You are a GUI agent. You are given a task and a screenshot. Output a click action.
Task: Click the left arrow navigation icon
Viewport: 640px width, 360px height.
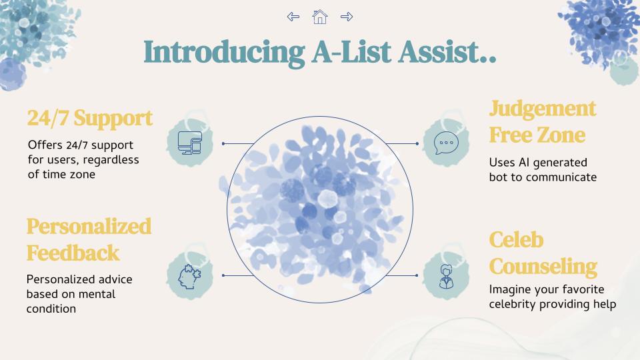[x=293, y=17]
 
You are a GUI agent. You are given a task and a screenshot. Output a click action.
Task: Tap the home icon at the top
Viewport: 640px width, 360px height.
[x=319, y=17]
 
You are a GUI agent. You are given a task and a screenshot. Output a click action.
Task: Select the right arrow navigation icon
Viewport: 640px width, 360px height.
[x=347, y=17]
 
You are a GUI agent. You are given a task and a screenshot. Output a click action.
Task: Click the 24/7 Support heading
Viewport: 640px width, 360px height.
[x=90, y=118]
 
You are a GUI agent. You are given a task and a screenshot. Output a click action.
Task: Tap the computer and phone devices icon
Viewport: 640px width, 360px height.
[x=190, y=143]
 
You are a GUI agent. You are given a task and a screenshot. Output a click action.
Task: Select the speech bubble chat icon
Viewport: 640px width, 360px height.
[x=446, y=143]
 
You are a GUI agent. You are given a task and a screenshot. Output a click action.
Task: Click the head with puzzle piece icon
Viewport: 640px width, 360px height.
[x=189, y=277]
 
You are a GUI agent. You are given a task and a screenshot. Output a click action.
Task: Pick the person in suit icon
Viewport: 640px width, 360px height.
[x=446, y=277]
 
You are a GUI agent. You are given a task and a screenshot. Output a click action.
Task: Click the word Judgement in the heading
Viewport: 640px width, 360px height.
[x=543, y=109]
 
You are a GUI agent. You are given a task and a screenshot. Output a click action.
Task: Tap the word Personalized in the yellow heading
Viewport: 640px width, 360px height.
[x=89, y=227]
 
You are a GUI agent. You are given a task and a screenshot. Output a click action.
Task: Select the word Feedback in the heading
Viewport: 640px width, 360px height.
[x=73, y=253]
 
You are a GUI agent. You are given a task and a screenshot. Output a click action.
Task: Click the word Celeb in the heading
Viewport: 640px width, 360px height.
[x=516, y=239]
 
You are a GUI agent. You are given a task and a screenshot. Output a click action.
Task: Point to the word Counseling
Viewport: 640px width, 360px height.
[x=543, y=267]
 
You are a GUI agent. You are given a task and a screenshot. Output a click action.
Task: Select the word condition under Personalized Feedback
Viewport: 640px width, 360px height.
[x=51, y=309]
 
